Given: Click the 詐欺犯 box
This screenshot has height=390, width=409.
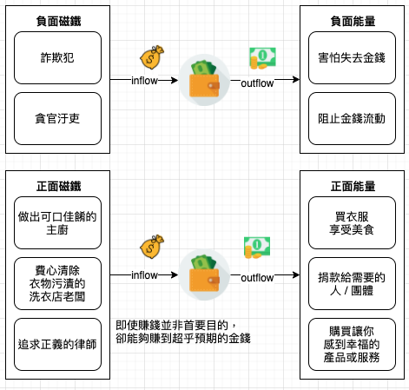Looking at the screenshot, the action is click(x=57, y=58).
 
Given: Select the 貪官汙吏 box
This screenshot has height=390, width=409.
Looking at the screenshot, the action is click(x=57, y=118).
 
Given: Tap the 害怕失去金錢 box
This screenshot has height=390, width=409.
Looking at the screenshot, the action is click(x=352, y=58).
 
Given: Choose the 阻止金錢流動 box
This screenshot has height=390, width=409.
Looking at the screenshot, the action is click(x=352, y=118).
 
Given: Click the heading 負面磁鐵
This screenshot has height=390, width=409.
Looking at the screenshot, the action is click(x=58, y=21).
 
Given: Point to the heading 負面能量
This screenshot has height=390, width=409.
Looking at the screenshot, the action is click(x=353, y=21).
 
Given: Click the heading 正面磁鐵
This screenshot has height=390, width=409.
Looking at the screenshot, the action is click(x=58, y=186).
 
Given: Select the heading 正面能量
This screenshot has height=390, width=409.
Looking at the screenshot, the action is click(x=353, y=186).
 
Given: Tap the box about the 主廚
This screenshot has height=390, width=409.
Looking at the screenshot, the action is click(x=57, y=223).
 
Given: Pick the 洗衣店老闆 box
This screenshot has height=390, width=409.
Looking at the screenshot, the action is click(x=57, y=284).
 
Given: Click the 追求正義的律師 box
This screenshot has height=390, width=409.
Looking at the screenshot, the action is click(x=57, y=345).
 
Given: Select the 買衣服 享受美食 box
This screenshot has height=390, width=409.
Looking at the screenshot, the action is click(x=352, y=223).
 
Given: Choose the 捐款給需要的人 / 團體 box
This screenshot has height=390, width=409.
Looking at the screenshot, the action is click(x=352, y=284).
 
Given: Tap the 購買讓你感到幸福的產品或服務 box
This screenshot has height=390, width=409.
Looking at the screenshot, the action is click(x=352, y=345).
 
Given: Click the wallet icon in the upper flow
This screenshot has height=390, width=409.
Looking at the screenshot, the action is click(x=204, y=80).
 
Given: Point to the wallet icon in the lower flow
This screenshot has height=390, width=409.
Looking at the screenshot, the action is click(x=204, y=274).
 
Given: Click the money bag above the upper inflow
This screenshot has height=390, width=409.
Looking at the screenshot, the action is click(x=152, y=57).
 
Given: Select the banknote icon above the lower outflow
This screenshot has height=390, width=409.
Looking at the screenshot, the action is click(x=257, y=248).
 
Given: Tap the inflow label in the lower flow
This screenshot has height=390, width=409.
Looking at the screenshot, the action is click(x=144, y=275).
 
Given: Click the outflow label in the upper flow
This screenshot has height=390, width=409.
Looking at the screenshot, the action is click(x=257, y=83).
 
